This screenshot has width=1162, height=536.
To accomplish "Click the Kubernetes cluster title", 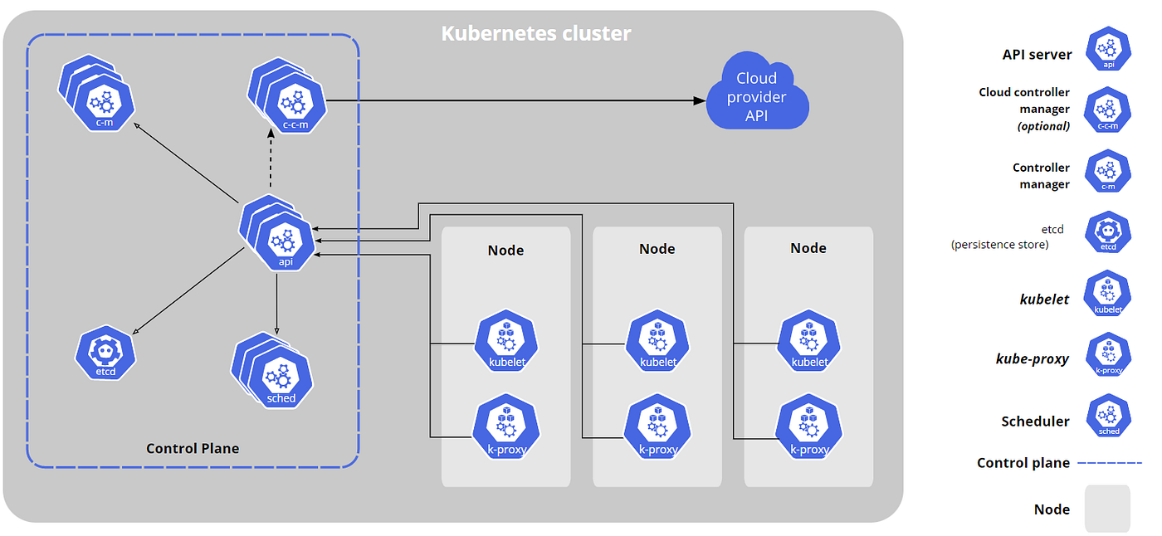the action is [x=536, y=34].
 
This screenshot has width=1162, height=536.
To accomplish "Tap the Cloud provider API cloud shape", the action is [x=757, y=91].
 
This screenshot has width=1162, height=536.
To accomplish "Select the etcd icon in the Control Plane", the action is [x=105, y=353].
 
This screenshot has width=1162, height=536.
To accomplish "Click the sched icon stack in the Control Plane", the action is [x=272, y=370].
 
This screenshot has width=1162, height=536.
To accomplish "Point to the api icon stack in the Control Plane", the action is [x=277, y=233].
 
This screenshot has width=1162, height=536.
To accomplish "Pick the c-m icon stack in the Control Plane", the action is [x=96, y=93].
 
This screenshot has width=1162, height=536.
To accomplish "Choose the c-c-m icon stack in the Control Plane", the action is [x=287, y=95].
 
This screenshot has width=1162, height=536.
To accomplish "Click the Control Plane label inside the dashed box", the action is [x=193, y=448].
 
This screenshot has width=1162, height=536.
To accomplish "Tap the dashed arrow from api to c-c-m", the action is [x=271, y=158].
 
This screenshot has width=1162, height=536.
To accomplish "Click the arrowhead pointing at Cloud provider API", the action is [x=699, y=100].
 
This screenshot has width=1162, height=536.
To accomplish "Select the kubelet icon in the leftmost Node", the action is [x=506, y=340].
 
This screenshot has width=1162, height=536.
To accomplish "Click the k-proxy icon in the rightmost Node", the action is [x=808, y=427].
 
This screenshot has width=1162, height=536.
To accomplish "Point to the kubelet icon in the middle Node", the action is [x=657, y=340].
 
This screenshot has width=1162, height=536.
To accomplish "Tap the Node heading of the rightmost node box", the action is [x=808, y=248].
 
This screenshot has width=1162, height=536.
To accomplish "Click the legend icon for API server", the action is [x=1109, y=49].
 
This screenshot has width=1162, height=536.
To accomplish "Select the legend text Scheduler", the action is [x=1036, y=421].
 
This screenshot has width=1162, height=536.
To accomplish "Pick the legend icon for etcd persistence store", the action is [x=1108, y=232].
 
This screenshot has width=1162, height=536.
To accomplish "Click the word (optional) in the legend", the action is [x=1044, y=126].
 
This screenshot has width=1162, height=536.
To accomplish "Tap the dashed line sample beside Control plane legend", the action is [x=1111, y=462].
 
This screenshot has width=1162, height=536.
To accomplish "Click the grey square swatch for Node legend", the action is [x=1107, y=509].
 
